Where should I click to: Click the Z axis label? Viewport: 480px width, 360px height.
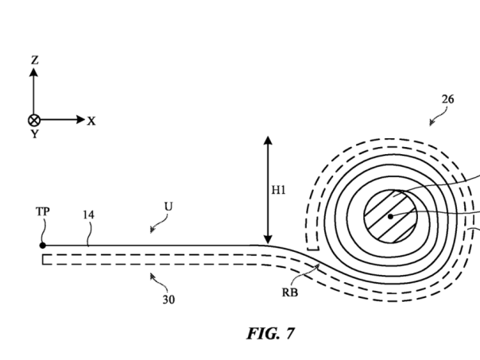pos(33,60)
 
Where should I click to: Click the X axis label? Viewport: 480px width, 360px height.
pos(91,121)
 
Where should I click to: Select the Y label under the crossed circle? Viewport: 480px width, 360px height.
pos(33,134)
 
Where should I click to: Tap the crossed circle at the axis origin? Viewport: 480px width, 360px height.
pos(33,120)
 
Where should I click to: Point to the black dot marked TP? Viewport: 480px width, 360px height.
pos(42,246)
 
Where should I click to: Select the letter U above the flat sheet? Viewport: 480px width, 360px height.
pos(168,207)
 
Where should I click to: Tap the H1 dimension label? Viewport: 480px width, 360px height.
pos(278,191)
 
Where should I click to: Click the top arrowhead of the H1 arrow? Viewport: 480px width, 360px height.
pos(269,141)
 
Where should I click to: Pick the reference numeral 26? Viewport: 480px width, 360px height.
pos(448,99)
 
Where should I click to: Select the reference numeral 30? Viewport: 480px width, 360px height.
pos(168,300)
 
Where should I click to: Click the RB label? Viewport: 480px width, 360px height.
pos(290,292)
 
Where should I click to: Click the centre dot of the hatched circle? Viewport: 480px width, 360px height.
pos(390,215)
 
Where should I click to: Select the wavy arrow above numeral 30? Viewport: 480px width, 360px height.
pos(156,280)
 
